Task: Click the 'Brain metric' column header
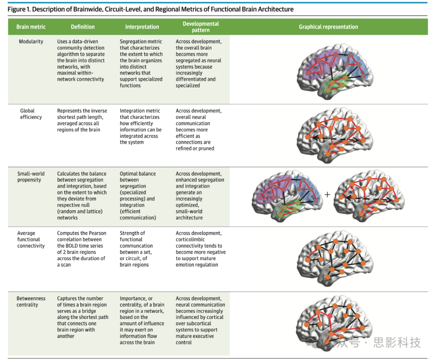pyautogui.click(x=31, y=27)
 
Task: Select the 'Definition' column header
pyautogui.click(x=83, y=27)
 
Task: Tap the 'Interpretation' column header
pyautogui.click(x=142, y=27)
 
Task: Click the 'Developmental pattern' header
pyautogui.click(x=201, y=27)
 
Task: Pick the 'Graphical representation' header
pyautogui.click(x=328, y=27)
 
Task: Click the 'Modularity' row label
pyautogui.click(x=31, y=41)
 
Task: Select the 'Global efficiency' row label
pyautogui.click(x=31, y=114)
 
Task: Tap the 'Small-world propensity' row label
pyautogui.click(x=31, y=177)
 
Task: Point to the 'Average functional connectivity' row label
pyautogui.click(x=31, y=239)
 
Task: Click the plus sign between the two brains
pyautogui.click(x=327, y=194)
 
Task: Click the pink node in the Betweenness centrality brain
pyautogui.click(x=329, y=317)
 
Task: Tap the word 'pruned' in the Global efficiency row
pyautogui.click(x=206, y=149)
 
